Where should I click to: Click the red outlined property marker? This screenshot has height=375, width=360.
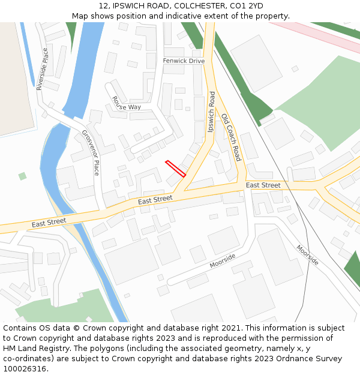(x=175, y=168)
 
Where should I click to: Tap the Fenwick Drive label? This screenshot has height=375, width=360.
(x=184, y=61)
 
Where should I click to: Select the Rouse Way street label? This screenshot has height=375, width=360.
(x=126, y=103)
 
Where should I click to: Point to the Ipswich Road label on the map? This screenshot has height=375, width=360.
(x=211, y=112)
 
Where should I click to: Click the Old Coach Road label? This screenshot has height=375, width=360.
(x=230, y=137)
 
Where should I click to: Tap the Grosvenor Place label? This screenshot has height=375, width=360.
(x=91, y=152)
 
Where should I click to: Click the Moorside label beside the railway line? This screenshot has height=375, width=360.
(x=307, y=255)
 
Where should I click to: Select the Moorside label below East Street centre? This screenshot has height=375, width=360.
(x=223, y=260)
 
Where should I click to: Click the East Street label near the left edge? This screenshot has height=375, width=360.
(x=49, y=223)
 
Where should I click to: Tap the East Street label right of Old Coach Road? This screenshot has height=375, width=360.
(x=263, y=185)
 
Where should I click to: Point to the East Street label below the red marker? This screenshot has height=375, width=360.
(x=155, y=200)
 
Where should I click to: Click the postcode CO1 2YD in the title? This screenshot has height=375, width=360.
(x=247, y=6)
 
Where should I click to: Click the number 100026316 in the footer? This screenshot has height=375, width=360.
(x=25, y=368)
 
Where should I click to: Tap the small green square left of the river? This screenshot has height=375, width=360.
(x=22, y=176)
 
